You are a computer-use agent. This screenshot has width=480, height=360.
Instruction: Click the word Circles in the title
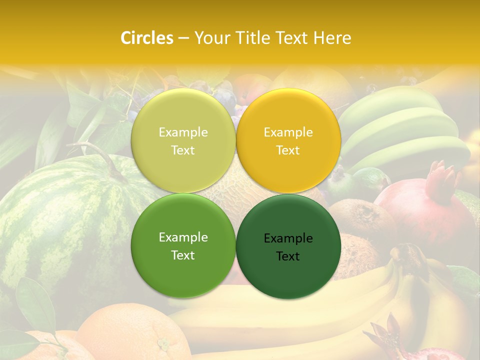click(x=147, y=38)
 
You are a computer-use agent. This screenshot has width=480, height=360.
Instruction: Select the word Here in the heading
click(x=332, y=38)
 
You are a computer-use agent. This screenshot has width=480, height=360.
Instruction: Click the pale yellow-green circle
click(x=183, y=141)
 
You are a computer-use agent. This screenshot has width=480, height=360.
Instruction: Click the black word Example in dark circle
click(x=288, y=238)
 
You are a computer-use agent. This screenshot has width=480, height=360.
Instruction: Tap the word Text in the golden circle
click(x=288, y=150)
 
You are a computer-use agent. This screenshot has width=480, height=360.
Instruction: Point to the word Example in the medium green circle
click(x=183, y=237)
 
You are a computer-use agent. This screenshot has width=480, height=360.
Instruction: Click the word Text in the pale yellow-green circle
click(x=183, y=150)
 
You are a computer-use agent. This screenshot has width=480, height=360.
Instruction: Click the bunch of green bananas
click(x=405, y=130)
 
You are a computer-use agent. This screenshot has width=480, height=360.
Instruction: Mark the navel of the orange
click(x=163, y=344)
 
